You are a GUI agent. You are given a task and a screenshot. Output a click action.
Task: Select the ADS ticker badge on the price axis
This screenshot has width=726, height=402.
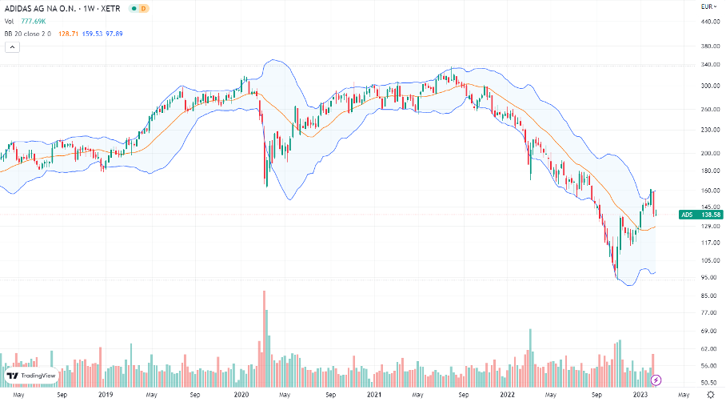(686, 215)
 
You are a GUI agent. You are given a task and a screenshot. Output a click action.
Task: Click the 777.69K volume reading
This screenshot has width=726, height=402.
(33, 20)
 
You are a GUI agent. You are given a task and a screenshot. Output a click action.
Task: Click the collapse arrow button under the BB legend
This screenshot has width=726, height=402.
(12, 47)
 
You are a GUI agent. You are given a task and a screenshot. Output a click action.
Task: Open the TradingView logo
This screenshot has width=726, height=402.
(31, 376)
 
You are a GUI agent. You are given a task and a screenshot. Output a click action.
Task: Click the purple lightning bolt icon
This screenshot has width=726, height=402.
(656, 380)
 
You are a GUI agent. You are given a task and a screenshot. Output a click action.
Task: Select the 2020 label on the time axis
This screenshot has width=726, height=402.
(241, 396)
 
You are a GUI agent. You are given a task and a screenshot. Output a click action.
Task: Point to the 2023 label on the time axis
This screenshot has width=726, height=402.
(640, 396)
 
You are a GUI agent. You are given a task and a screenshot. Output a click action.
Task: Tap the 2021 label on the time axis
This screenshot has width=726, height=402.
(373, 396)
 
